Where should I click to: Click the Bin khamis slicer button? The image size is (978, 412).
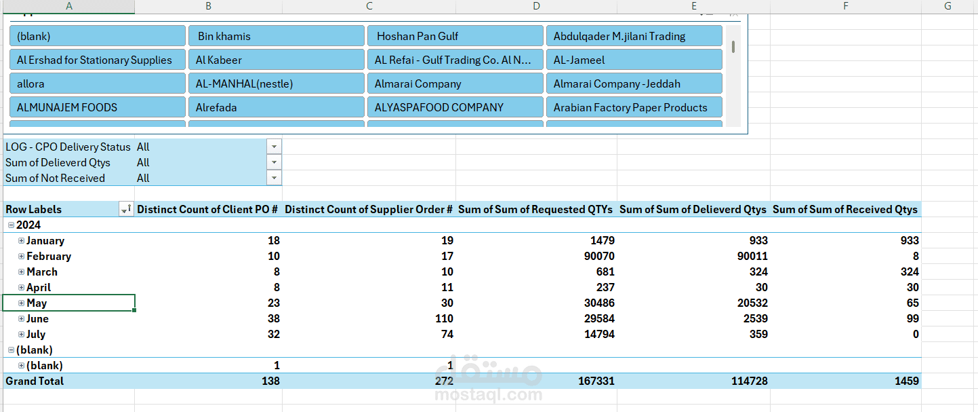277,36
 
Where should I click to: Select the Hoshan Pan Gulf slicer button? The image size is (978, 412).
455,36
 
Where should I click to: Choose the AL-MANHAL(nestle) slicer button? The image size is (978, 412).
277,83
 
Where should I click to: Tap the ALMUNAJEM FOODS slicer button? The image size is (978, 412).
98,107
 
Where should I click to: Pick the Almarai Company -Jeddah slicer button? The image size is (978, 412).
634,83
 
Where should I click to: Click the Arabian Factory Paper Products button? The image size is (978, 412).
634,107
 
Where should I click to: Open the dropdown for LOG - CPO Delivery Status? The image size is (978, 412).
274,147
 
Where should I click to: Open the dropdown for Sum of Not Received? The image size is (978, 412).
274,178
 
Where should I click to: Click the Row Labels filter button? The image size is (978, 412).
126,210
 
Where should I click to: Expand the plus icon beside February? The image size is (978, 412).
21,257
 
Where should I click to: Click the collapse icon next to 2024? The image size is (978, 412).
11,225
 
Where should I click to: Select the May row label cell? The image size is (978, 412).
69,303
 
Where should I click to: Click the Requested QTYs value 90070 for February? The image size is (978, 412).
599,257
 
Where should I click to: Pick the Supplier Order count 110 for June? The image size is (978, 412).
444,318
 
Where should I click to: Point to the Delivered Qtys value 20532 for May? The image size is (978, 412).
752,303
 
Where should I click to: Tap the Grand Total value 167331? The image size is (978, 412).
596,381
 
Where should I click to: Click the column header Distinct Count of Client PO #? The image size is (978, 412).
207,210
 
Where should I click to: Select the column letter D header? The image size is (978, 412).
536,6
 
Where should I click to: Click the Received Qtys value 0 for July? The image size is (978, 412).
916,334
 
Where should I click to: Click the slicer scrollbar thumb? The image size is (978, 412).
733,47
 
